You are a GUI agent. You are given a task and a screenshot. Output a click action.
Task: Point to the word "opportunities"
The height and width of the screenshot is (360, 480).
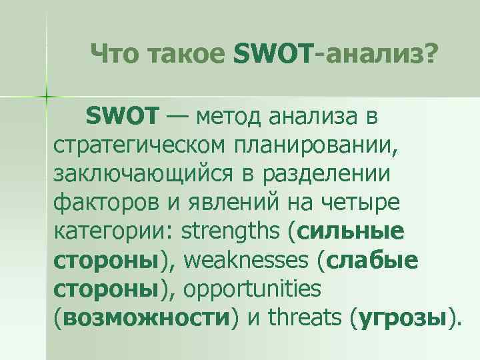[x=251, y=290]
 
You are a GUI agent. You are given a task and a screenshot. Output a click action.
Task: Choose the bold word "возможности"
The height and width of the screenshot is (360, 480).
[x=145, y=319]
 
